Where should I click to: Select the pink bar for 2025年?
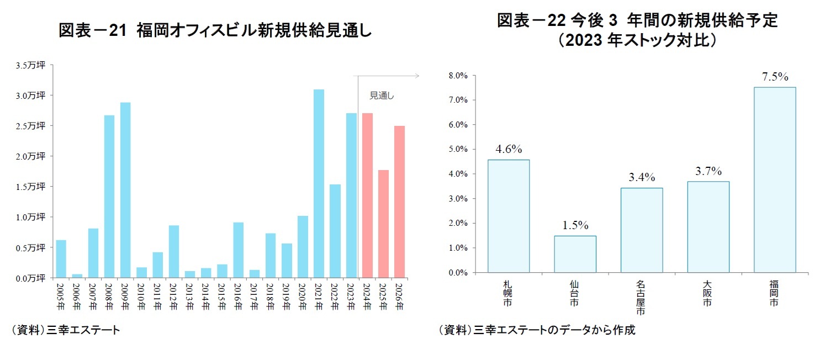click(383, 224)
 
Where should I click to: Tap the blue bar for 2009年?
click(125, 190)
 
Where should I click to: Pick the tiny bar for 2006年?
click(77, 276)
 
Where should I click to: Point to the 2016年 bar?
click(238, 250)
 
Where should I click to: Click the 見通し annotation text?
click(382, 96)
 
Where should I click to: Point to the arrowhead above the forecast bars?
click(417, 76)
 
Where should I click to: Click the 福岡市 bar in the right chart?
click(775, 179)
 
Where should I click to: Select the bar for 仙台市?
click(575, 254)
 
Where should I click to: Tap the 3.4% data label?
click(641, 177)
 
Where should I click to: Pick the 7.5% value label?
click(775, 77)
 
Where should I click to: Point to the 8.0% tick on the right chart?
click(459, 76)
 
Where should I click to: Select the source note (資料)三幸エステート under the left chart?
click(65, 331)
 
